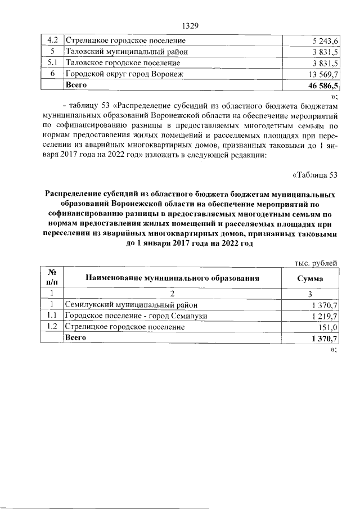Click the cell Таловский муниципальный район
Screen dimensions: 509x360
(127, 52)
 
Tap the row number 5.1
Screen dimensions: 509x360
(51, 62)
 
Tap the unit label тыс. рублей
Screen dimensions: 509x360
(316, 262)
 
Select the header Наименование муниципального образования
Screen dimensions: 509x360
(172, 278)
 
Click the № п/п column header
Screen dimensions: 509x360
(51, 277)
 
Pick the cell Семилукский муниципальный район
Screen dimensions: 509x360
(132, 305)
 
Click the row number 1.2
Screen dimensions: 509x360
(51, 327)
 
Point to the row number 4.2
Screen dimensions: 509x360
(51, 41)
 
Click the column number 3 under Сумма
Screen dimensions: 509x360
(310, 294)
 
